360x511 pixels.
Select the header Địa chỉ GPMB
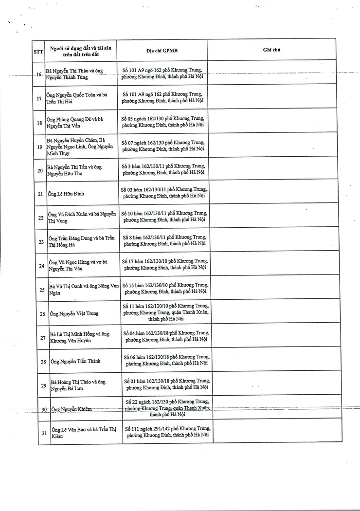[x=162, y=50]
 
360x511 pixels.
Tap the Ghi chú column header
[x=271, y=50]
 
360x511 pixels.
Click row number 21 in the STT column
[x=40, y=194]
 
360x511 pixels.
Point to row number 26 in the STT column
[x=42, y=314]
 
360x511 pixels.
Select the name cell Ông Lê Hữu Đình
[x=66, y=194]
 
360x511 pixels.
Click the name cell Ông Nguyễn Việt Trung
[x=74, y=314]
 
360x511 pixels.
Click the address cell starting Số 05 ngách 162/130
[x=163, y=122]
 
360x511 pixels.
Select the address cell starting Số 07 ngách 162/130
[x=163, y=146]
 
